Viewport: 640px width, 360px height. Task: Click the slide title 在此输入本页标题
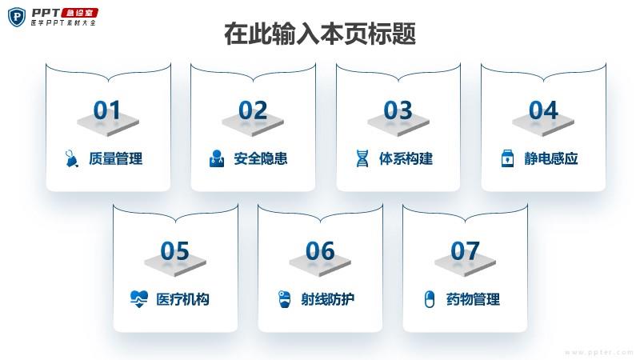[x=320, y=34]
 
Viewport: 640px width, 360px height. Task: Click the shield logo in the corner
[x=17, y=17]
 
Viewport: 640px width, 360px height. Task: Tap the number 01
[x=107, y=110]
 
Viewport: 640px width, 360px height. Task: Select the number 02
[x=253, y=110]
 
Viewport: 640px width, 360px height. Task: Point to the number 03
[x=398, y=110]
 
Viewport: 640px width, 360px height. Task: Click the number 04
[x=543, y=110]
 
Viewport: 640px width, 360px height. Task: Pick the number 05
[x=174, y=250]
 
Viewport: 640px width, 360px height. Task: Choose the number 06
[x=320, y=250]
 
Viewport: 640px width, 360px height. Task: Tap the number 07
[x=465, y=250]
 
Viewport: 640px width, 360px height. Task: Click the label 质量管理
[x=116, y=158]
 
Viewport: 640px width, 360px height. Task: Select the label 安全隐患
[x=261, y=158]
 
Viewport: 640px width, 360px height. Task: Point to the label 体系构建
[x=406, y=158]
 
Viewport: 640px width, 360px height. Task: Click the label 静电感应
[x=551, y=158]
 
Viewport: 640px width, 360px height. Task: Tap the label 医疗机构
[x=183, y=299]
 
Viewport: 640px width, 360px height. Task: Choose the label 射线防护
[x=328, y=299]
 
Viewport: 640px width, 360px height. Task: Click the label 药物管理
[x=473, y=299]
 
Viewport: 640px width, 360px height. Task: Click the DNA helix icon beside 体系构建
[x=362, y=158]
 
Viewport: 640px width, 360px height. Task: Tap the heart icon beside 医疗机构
[x=138, y=299]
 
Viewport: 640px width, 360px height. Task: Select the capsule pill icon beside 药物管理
[x=430, y=299]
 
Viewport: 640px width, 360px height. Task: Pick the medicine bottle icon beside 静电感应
[x=507, y=158]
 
